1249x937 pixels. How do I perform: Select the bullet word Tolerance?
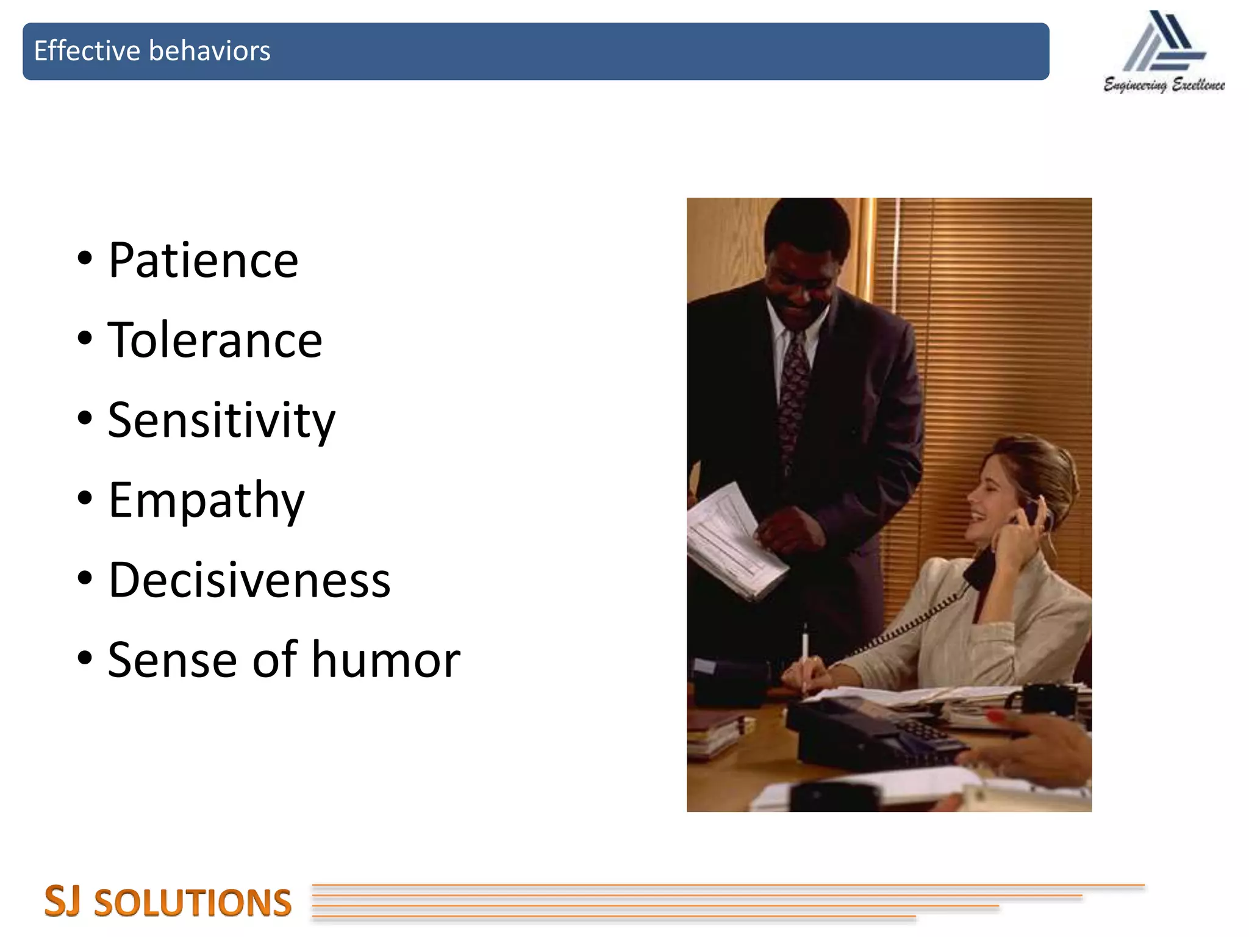click(215, 340)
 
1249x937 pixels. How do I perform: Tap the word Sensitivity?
click(221, 421)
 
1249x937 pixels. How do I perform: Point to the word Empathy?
click(206, 501)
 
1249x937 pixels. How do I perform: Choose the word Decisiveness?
click(249, 580)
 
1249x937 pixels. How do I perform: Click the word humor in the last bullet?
click(385, 660)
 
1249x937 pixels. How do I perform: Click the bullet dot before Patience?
click(85, 258)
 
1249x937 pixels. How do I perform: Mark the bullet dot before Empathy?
click(85, 498)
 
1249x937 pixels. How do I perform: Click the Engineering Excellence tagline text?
click(1164, 85)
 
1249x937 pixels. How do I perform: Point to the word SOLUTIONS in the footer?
click(193, 903)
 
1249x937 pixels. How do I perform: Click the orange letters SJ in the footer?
click(62, 901)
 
